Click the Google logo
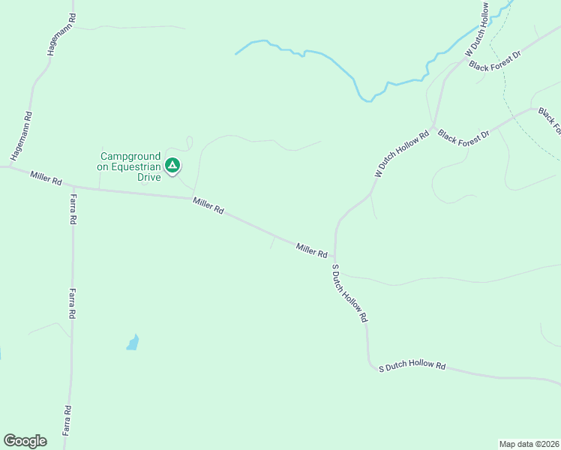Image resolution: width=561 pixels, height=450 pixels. click(x=25, y=441)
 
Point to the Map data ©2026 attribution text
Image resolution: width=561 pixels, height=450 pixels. click(x=529, y=444)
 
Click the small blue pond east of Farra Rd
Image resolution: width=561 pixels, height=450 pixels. click(x=133, y=343)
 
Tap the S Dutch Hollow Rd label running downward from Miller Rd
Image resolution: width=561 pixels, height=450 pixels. click(x=349, y=293)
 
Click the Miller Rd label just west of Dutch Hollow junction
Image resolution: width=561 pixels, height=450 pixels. click(x=312, y=250)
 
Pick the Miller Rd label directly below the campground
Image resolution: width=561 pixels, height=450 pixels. click(x=208, y=205)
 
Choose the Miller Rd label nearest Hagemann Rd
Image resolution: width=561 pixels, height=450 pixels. click(x=46, y=179)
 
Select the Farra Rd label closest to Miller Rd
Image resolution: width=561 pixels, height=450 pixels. click(x=73, y=210)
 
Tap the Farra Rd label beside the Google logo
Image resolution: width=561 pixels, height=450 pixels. click(x=67, y=420)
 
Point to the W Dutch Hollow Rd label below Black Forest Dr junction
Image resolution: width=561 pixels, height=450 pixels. click(x=401, y=154)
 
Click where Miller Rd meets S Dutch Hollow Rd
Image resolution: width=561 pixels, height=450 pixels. click(x=334, y=258)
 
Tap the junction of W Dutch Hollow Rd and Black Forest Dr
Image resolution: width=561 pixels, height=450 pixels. click(x=433, y=125)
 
